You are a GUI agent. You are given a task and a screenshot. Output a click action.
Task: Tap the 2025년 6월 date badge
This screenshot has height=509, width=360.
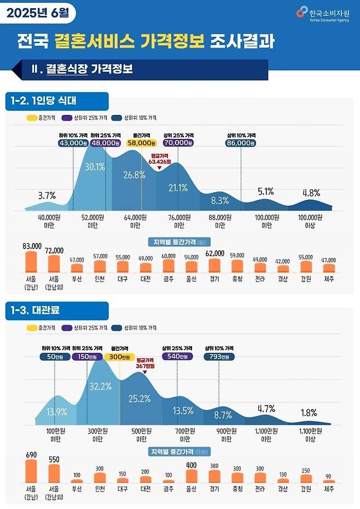tap(37, 12)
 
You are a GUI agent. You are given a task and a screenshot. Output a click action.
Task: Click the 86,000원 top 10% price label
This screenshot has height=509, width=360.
tap(241, 142)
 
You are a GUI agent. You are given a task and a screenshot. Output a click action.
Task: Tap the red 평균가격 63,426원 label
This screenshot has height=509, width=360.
tap(160, 159)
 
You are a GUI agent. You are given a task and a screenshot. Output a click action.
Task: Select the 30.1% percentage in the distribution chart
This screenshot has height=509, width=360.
tap(95, 167)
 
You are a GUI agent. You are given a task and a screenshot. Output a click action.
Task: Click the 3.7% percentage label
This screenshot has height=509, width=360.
tap(48, 195)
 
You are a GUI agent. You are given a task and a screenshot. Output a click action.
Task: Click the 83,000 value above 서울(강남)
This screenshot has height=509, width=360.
tap(32, 246)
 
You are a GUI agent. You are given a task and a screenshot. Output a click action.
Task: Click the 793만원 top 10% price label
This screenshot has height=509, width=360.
tap(219, 356)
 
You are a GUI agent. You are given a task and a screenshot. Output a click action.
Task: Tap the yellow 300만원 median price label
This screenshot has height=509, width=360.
tap(120, 356)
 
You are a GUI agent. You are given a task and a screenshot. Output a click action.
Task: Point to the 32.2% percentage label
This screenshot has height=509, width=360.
tap(100, 386)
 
